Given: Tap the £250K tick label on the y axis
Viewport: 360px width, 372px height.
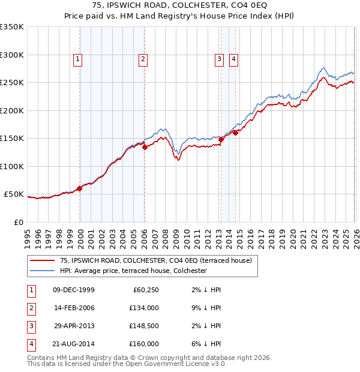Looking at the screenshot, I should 12,83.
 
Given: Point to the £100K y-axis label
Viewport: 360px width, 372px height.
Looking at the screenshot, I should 12,166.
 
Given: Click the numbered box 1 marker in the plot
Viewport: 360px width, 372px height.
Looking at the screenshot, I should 79,59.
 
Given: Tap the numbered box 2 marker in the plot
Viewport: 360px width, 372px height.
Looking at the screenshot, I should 143,59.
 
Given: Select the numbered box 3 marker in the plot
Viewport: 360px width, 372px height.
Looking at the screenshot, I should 220,59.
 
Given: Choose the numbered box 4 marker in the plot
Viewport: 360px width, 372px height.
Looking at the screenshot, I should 233,59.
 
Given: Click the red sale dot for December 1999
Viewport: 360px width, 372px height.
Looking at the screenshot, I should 80,188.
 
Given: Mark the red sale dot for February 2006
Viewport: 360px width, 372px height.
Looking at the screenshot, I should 145,147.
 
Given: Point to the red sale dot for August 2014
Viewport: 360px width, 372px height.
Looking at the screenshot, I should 236,133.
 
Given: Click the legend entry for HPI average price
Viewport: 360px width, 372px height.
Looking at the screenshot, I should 133,271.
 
